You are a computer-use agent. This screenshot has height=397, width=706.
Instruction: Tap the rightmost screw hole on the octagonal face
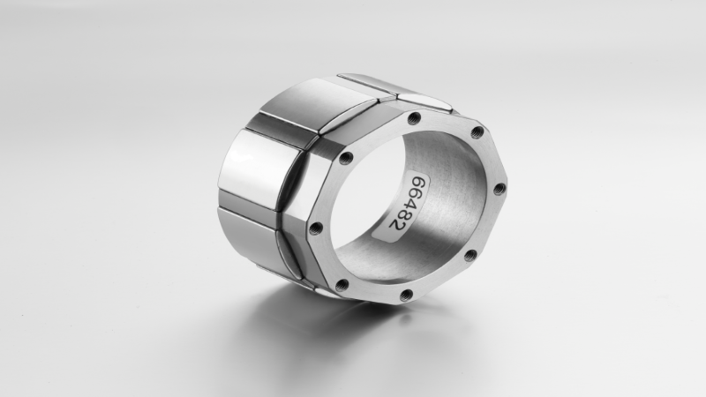499,188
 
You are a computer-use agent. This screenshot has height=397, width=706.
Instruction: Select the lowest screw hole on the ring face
406,295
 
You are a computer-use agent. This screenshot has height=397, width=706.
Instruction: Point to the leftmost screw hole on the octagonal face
316,228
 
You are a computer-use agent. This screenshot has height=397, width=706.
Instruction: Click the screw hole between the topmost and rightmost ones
477,132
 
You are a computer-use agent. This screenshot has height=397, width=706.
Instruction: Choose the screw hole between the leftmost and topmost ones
346,158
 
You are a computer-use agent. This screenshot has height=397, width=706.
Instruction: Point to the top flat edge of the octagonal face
446,120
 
